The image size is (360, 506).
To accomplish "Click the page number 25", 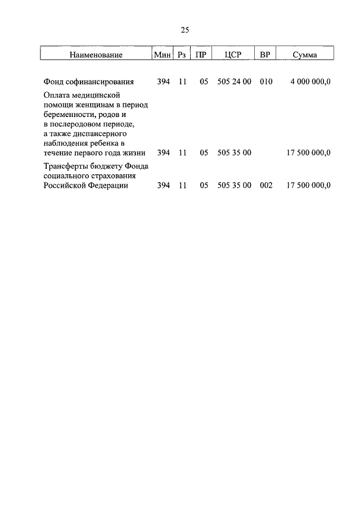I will pos(184,30).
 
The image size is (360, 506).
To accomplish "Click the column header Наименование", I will pos(96,55).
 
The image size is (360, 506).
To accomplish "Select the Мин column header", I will pos(163,55).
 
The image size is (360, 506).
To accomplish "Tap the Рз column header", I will pos(182,55).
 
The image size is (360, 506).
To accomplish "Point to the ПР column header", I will pos(200,55).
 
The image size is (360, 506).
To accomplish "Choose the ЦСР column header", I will pos(232,55).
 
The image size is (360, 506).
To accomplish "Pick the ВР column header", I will pos(264,55).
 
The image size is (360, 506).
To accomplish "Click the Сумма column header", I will pos(305,55).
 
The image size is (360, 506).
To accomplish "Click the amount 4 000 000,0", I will pos(310,82).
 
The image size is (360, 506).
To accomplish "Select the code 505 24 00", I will pos(234,82).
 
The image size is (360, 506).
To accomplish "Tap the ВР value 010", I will pos(266,82).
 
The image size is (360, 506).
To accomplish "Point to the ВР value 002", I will pos(266,185).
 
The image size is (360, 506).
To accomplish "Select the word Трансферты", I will pos(65,166).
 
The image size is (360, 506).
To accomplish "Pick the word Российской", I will pos(65,185).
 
